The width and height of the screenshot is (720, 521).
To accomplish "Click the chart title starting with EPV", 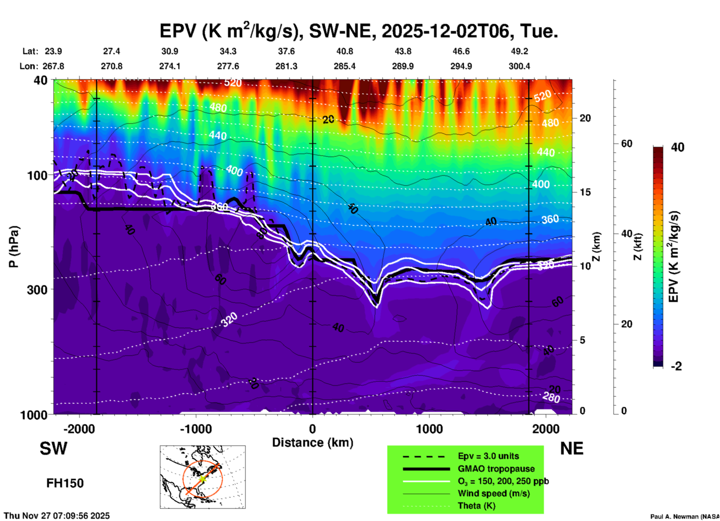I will pos(359,31).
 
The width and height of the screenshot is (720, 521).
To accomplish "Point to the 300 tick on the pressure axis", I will pos(37,290).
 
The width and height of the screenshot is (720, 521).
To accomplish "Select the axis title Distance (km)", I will pos(313,443).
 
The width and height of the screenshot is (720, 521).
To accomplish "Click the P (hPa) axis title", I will pos(13,247).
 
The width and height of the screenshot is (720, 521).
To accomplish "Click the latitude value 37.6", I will pos(286,51).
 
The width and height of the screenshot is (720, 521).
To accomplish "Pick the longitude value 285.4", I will pos(345,66).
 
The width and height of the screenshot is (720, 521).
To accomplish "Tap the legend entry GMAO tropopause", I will pos(496,469).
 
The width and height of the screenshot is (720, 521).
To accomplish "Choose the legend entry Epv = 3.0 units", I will pos(488,456).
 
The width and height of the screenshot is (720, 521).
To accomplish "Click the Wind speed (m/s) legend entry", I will pos(493,493).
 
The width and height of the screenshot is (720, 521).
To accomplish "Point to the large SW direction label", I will pos(53,448).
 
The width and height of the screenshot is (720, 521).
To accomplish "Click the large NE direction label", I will pos(572,448).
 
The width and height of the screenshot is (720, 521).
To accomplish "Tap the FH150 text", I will pos(65,483).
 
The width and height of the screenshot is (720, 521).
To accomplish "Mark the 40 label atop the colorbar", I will pos(677,147).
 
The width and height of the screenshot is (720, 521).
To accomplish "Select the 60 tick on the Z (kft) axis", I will pos(627,144).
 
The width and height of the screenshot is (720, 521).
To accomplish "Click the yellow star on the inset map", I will pos(202,478).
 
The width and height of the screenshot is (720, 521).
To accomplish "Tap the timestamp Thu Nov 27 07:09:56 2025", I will pos(57,516).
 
